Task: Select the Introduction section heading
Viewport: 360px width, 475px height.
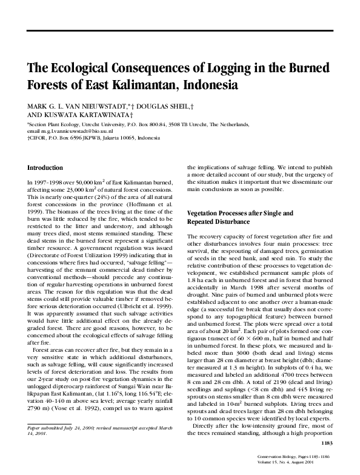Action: click(45, 167)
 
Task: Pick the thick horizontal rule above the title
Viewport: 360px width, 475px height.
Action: click(180, 30)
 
